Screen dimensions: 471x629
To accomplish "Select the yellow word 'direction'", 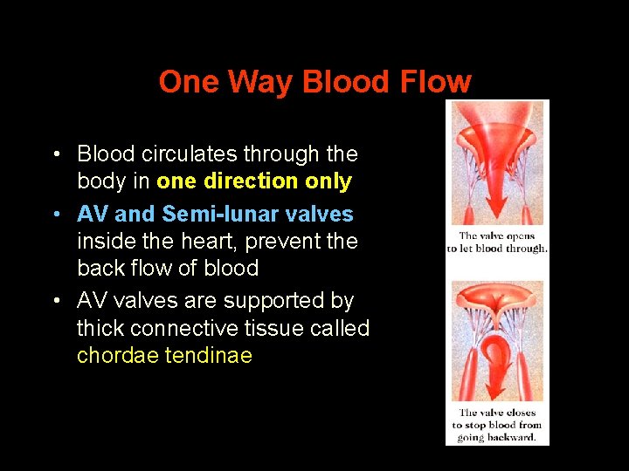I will (x=251, y=181).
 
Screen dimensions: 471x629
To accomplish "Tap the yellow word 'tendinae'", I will (x=208, y=356).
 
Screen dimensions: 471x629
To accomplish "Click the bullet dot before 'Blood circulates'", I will (x=55, y=155).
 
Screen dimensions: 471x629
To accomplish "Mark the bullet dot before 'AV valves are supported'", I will (x=55, y=302).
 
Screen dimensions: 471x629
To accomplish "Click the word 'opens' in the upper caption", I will (x=522, y=235).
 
